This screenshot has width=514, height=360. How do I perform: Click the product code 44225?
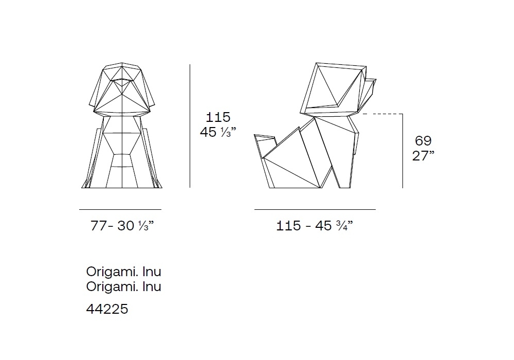pyautogui.click(x=107, y=309)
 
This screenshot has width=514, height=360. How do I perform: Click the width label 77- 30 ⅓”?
pyautogui.click(x=122, y=226)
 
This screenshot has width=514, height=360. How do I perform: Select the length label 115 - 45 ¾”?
pyautogui.click(x=315, y=226)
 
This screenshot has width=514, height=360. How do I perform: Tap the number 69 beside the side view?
pyautogui.click(x=423, y=140)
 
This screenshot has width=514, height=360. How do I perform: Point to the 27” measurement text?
pyautogui.click(x=423, y=156)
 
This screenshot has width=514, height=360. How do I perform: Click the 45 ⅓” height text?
pyautogui.click(x=218, y=132)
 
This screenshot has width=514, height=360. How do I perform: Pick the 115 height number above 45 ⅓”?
pyautogui.click(x=218, y=117)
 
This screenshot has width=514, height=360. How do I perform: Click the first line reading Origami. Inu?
pyautogui.click(x=123, y=272)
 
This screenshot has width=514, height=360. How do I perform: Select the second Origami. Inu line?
pyautogui.click(x=123, y=287)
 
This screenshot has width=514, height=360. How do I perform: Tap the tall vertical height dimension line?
pyautogui.click(x=190, y=126)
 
